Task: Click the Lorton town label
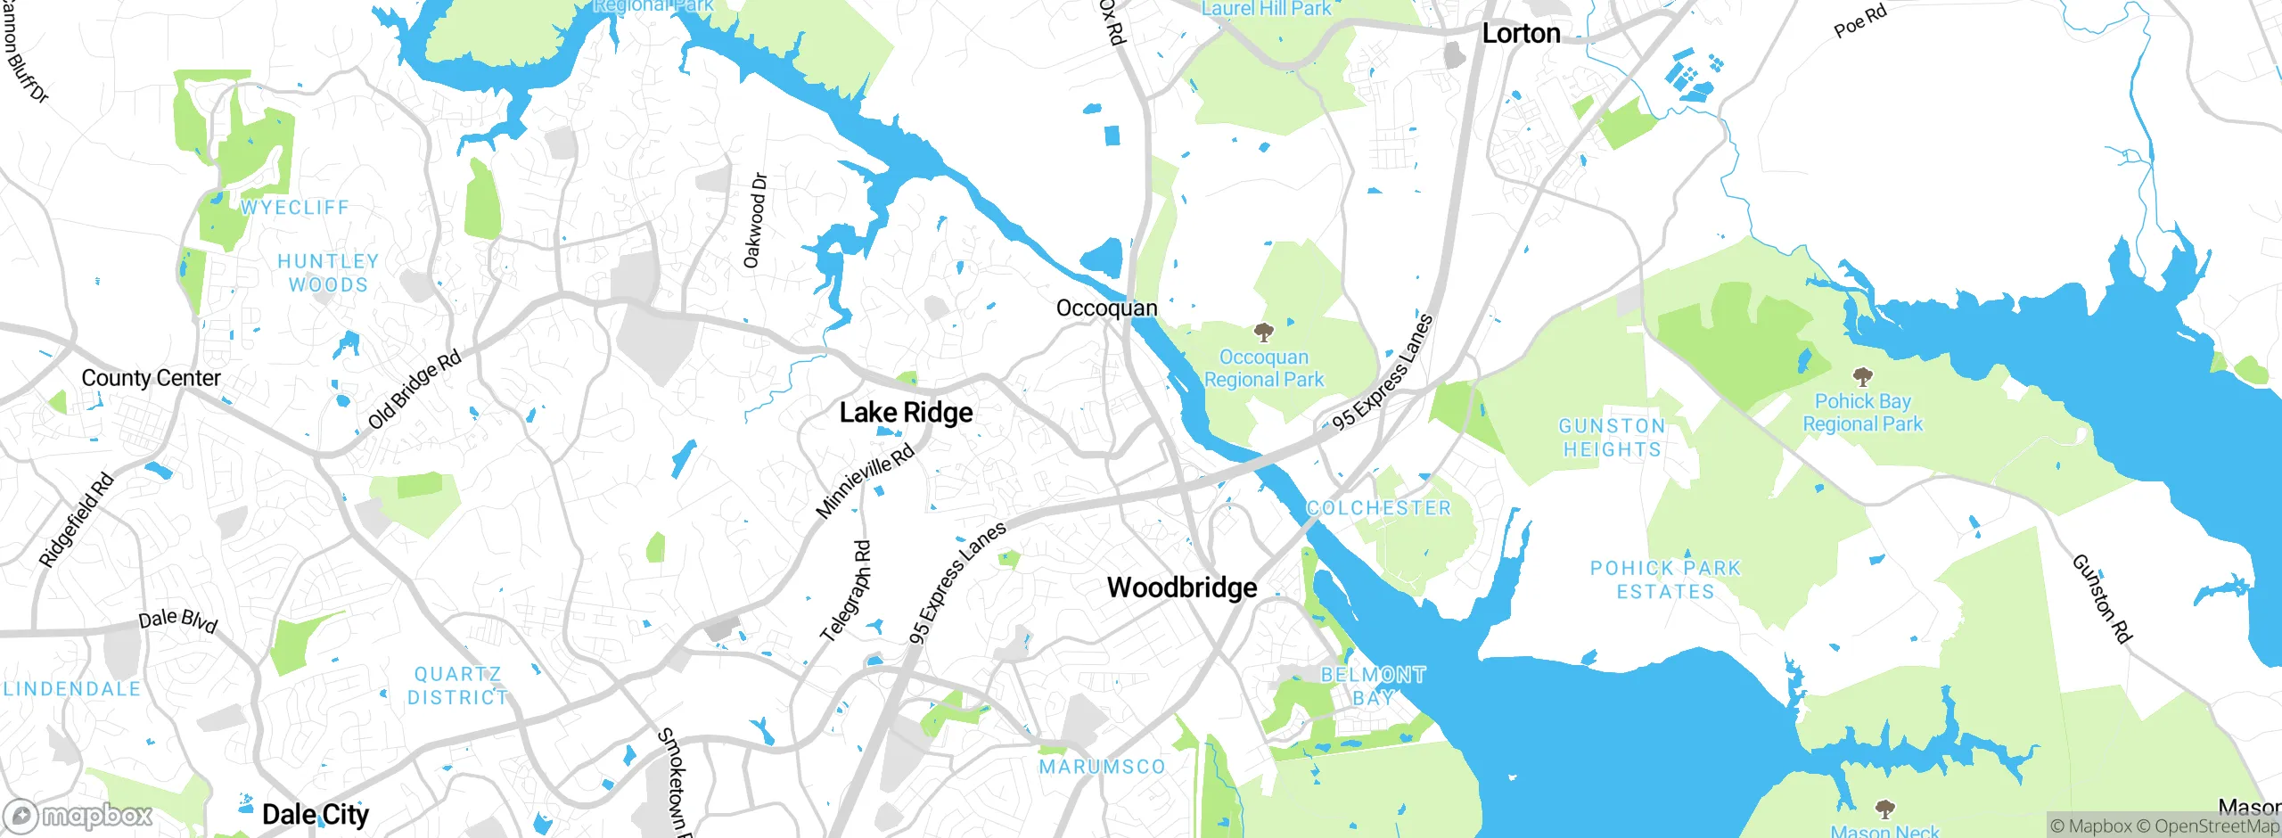1521,34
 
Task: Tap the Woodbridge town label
1182,587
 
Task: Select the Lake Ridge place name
906,413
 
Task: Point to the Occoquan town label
1106,308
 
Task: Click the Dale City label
315,814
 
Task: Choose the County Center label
151,378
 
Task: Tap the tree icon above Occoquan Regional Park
1263,333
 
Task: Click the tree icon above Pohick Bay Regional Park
1862,377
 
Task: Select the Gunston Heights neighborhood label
1612,438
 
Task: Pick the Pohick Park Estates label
1665,579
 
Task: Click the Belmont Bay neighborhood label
1373,686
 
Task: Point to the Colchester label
1378,508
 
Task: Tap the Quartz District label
457,686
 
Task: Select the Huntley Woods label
327,273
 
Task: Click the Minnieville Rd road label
865,481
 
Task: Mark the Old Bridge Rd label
415,390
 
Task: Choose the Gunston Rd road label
2101,598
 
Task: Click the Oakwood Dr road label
755,220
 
